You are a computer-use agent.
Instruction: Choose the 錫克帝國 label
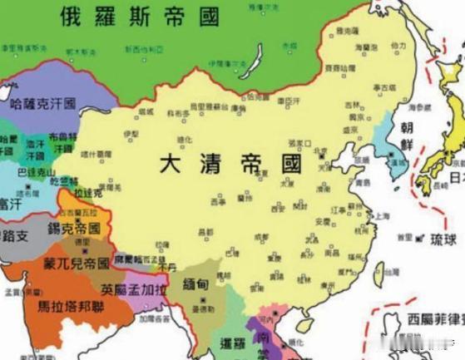click(x=76, y=228)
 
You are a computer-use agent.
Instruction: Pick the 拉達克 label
click(x=87, y=192)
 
